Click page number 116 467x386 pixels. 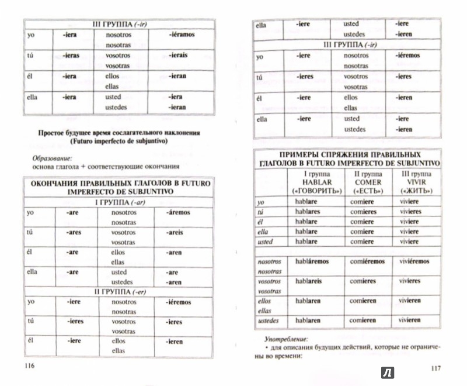click(27, 366)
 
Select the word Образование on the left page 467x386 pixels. click(50, 157)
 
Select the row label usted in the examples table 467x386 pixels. click(267, 242)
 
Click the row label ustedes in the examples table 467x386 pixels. click(269, 320)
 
